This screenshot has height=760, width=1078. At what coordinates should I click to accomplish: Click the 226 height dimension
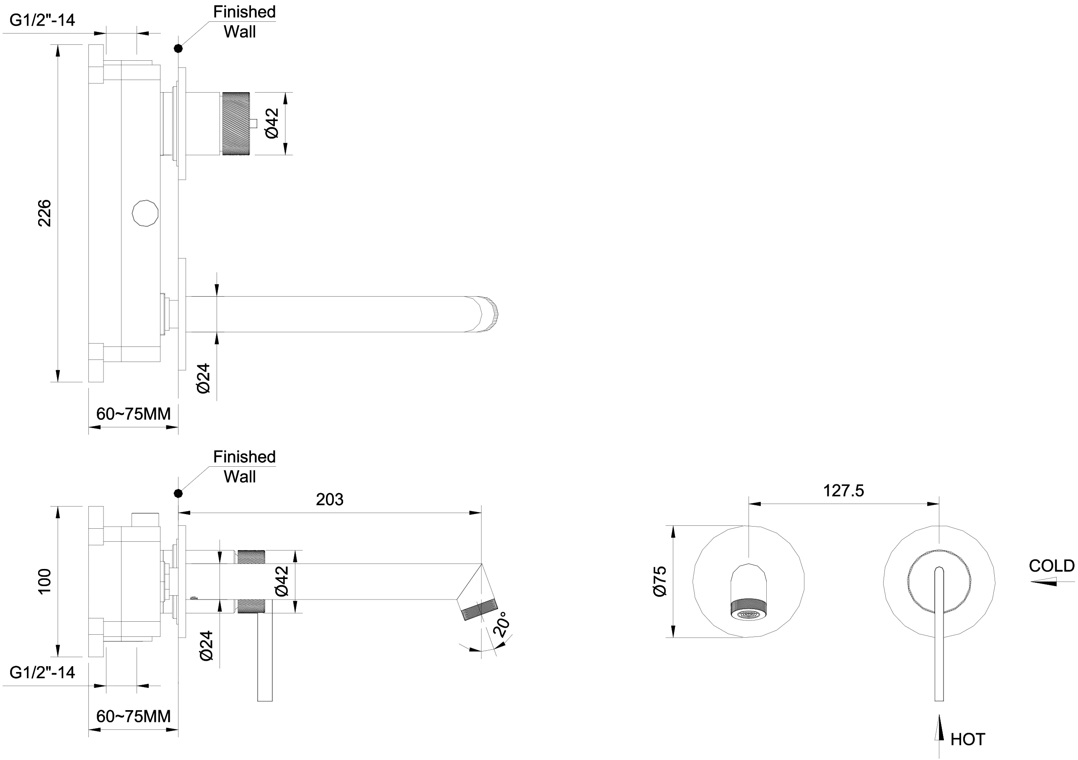tap(44, 213)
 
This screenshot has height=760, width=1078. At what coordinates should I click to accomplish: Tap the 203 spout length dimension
tap(330, 499)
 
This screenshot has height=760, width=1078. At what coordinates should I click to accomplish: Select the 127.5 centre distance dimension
tap(843, 491)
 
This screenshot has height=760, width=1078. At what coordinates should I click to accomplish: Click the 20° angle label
tap(502, 624)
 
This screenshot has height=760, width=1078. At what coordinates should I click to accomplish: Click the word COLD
tap(1051, 566)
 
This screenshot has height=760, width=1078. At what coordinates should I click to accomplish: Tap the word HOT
tap(968, 739)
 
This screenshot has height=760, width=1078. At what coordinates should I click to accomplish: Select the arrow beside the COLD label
tap(1044, 582)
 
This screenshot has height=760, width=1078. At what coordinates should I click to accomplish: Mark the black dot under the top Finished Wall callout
tap(178, 48)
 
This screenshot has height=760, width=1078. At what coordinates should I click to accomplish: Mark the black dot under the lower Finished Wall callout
tap(178, 494)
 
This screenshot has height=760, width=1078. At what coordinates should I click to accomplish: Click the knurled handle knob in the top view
tap(237, 124)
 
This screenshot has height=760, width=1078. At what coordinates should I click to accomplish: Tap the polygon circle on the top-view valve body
tap(145, 214)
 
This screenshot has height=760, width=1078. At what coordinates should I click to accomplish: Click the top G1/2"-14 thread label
tap(42, 20)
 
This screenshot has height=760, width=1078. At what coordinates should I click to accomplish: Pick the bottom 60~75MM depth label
tap(133, 716)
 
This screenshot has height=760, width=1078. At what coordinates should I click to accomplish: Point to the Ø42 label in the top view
tap(272, 124)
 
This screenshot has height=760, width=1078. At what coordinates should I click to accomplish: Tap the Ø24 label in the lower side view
tap(206, 646)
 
